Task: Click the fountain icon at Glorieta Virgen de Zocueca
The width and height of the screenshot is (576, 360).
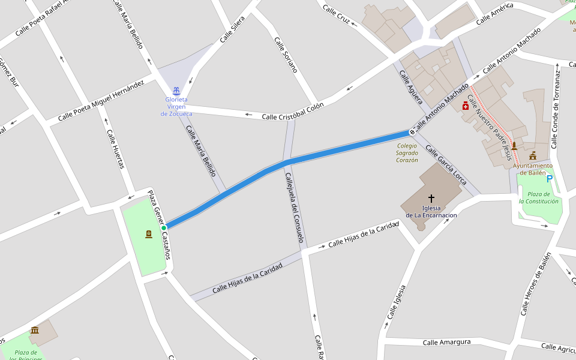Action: (x=176, y=91)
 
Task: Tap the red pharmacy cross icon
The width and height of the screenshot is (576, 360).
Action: (x=465, y=106)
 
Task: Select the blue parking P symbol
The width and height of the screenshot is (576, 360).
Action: (x=549, y=178)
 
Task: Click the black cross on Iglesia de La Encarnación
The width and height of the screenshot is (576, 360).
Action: (x=431, y=198)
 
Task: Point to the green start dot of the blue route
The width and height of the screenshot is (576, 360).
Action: (x=163, y=227)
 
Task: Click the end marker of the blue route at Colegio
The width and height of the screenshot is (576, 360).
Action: (x=412, y=131)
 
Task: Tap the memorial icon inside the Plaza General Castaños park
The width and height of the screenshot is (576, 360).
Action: (x=148, y=234)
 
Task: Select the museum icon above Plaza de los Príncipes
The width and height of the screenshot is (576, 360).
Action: (x=35, y=330)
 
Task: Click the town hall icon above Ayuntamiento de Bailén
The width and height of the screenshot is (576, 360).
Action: (x=532, y=156)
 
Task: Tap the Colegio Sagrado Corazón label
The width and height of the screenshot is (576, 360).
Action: (x=407, y=153)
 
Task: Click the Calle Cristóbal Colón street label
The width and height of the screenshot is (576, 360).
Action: (x=293, y=111)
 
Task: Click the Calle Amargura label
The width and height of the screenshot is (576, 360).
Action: (x=446, y=342)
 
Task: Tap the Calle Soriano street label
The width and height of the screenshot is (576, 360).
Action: (x=286, y=55)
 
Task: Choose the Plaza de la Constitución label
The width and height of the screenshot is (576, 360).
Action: (x=539, y=197)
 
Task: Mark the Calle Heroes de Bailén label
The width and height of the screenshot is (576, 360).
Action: (x=535, y=284)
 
